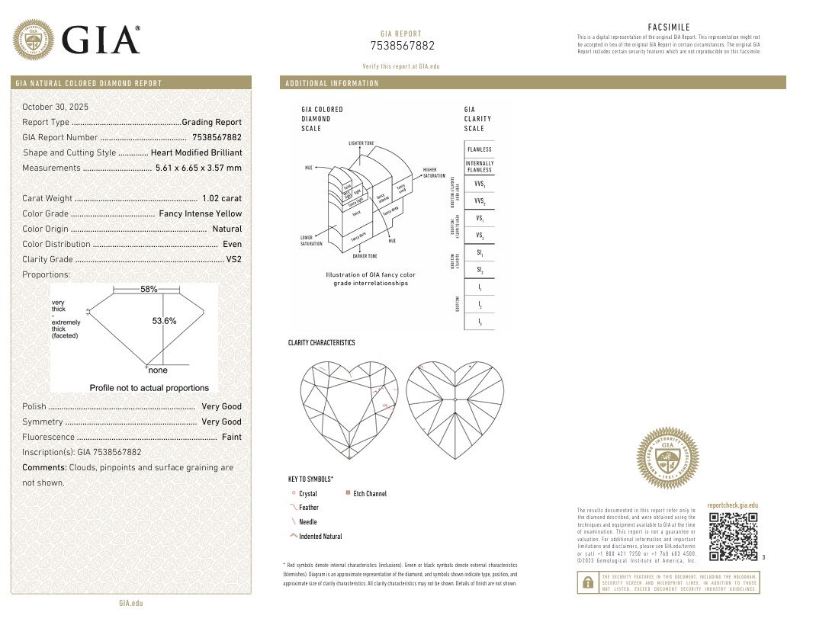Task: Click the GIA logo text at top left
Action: click(101, 40)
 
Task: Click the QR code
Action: click(733, 536)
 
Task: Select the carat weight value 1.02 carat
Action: click(221, 198)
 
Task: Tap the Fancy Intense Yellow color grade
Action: click(200, 213)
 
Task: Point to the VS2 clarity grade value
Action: click(233, 259)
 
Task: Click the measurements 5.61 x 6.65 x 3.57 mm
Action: click(198, 168)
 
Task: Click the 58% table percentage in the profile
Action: click(149, 290)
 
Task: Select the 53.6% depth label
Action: click(164, 321)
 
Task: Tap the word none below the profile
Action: click(158, 370)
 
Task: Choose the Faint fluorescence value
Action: click(231, 437)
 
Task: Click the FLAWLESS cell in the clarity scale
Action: click(480, 149)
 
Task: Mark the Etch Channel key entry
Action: click(370, 494)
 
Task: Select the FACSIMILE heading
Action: click(669, 27)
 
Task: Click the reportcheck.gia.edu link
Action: click(732, 505)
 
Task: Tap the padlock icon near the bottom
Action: click(588, 582)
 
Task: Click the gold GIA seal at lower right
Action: click(668, 458)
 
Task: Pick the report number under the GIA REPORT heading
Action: click(402, 46)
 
